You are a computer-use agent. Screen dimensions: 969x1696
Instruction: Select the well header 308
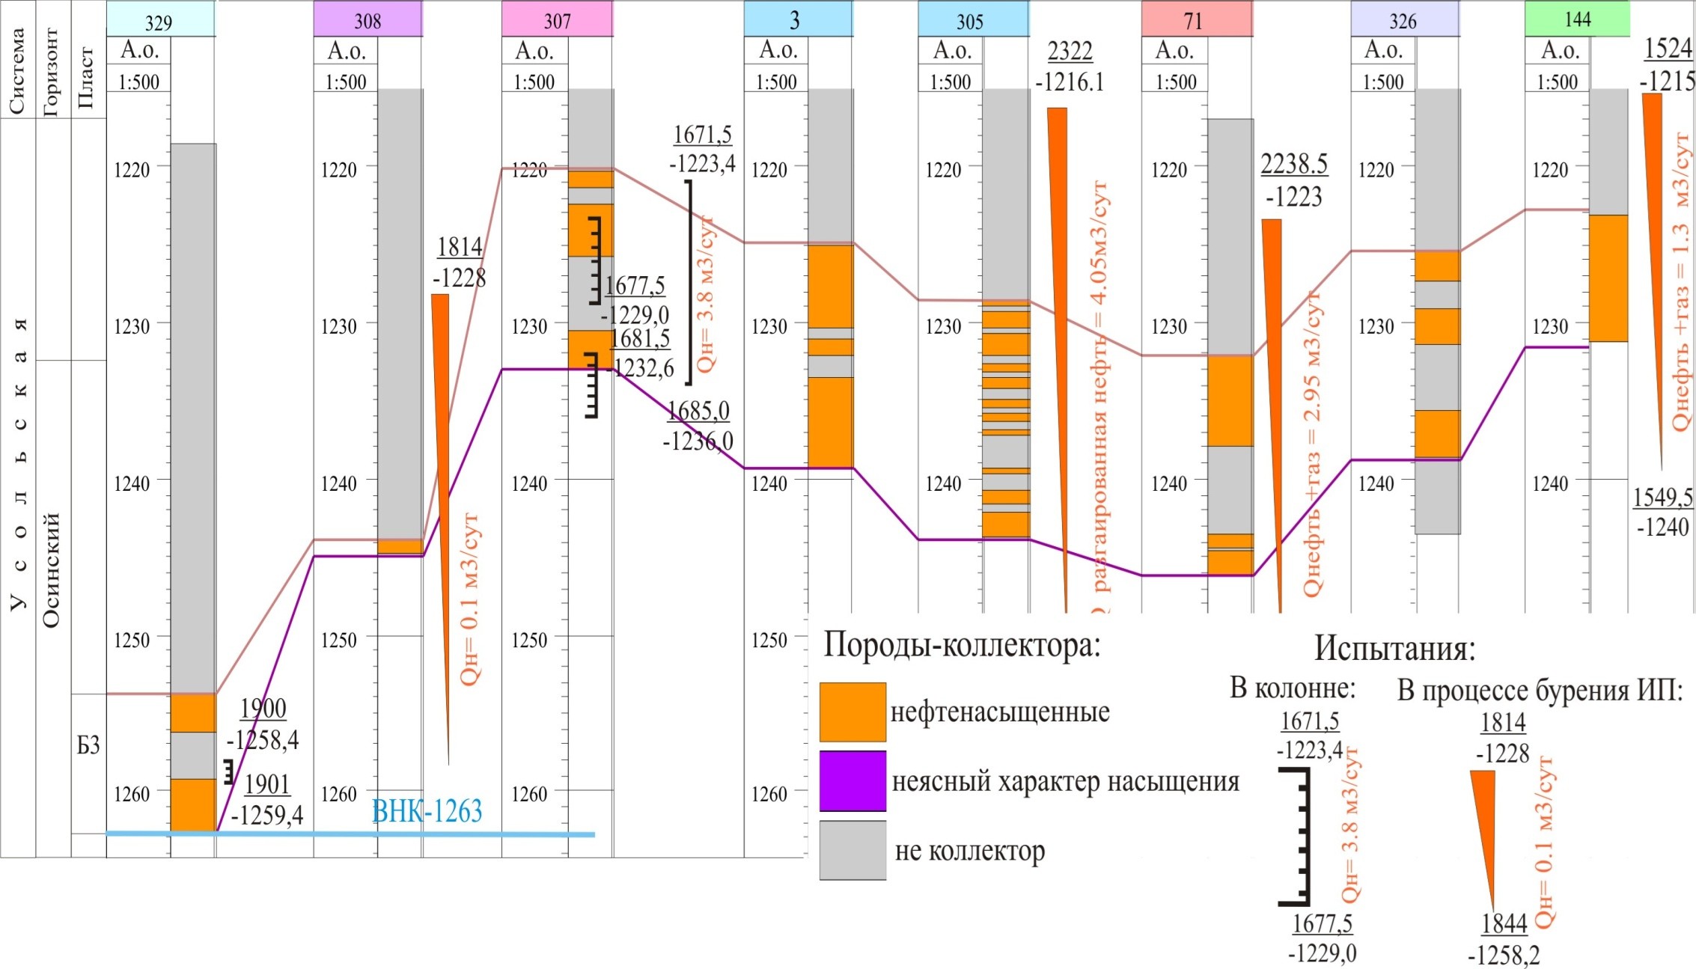coord(367,19)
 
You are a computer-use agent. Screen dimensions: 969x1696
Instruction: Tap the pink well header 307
coord(557,19)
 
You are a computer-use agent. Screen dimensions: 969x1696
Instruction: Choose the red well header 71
coord(1196,19)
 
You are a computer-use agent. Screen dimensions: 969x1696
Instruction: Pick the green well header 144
coord(1577,19)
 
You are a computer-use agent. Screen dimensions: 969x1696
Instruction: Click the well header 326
coord(1404,19)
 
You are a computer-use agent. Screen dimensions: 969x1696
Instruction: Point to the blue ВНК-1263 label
coord(427,811)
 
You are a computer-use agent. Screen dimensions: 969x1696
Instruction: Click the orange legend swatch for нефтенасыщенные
coord(852,712)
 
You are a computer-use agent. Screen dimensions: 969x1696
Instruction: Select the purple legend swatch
coord(852,781)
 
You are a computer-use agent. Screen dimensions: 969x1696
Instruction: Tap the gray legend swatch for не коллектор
coord(852,850)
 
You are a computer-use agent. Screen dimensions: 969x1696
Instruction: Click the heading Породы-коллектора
coord(962,644)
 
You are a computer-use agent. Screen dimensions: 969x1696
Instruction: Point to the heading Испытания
coord(1394,648)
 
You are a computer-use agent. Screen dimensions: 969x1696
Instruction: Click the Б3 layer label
coord(88,745)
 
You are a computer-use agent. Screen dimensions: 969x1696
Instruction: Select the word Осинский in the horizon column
coord(52,569)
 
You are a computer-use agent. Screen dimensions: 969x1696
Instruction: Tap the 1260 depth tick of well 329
coord(132,793)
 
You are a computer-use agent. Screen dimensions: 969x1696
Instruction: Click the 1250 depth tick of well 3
coord(769,640)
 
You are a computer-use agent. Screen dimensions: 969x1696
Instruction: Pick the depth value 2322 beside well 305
coord(1070,51)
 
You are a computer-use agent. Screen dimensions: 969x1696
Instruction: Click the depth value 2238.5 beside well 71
coord(1293,163)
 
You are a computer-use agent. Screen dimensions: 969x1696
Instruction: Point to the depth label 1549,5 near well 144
coord(1662,497)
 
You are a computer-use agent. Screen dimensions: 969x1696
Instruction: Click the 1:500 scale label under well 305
coord(950,82)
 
